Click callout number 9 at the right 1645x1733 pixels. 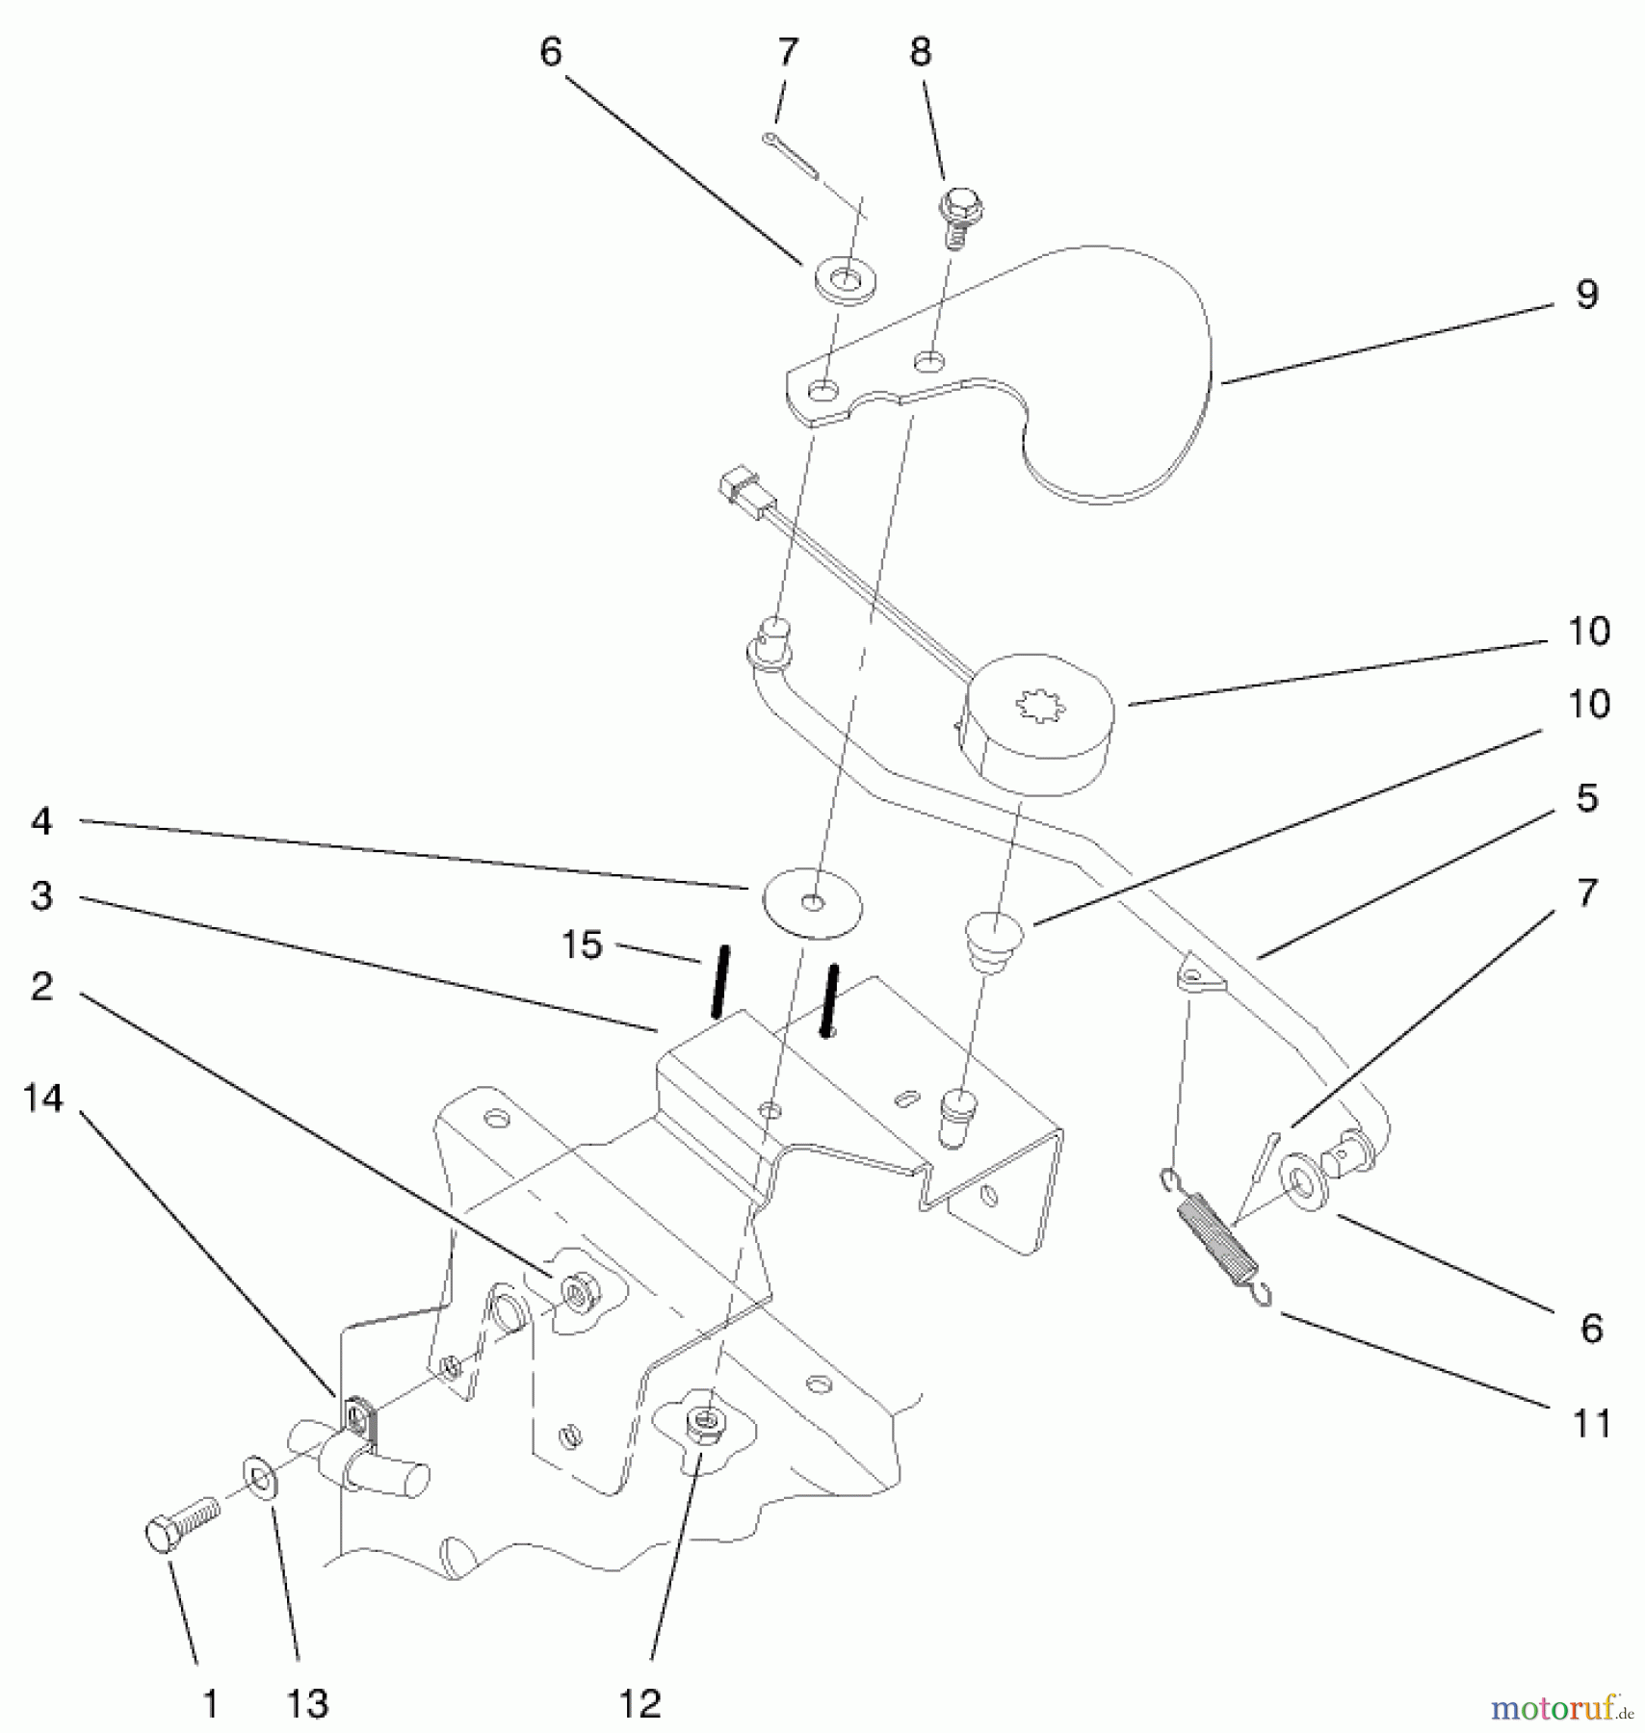pos(1587,295)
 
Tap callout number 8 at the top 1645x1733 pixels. pos(921,52)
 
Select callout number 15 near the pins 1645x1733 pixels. pos(582,945)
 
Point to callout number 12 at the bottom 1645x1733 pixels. pos(640,1704)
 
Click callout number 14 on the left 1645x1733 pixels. pos(43,1098)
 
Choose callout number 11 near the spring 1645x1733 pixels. pos(1590,1423)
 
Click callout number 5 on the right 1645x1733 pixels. pos(1587,798)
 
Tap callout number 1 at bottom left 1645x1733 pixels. pos(210,1704)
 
